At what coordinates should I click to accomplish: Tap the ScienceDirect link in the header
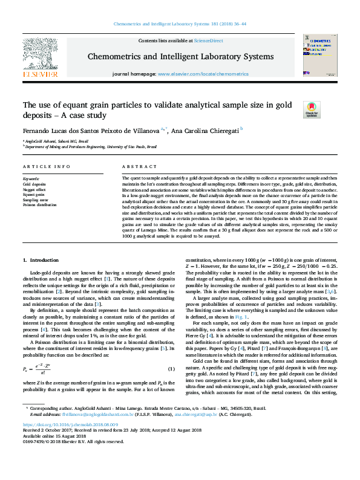[208, 41]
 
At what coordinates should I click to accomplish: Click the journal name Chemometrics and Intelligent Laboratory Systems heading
[180, 56]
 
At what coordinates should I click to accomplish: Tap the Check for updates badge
[311, 109]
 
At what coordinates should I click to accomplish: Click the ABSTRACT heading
[136, 166]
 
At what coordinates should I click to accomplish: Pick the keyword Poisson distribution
[40, 204]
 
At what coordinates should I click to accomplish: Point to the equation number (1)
[171, 369]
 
